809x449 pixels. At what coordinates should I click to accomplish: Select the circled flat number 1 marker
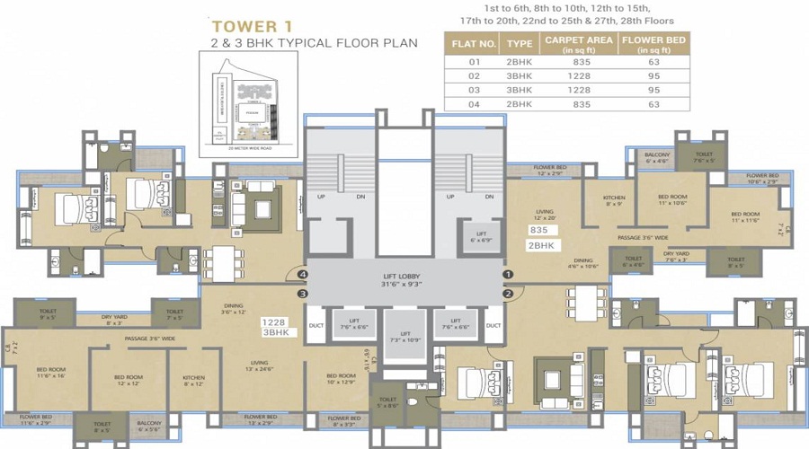click(507, 275)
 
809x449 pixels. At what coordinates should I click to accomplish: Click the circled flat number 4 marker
click(303, 275)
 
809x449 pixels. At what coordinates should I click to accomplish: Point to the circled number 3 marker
click(303, 293)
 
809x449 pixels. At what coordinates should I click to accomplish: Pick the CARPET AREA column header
click(579, 45)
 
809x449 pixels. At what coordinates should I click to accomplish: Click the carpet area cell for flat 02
click(579, 76)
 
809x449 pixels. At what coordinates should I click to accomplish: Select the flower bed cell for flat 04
click(653, 104)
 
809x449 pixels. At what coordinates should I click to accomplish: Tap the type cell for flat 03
click(520, 91)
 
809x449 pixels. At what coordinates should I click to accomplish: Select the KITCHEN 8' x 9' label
click(614, 200)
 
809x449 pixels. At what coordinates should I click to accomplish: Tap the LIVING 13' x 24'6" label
click(259, 365)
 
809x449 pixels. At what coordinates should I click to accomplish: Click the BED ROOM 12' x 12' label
click(129, 380)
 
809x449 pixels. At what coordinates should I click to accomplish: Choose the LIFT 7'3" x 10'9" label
click(404, 336)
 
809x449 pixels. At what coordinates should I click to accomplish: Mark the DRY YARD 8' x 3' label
click(112, 319)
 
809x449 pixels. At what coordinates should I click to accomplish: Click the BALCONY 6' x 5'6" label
click(148, 426)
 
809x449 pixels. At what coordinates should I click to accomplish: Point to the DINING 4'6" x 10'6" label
click(582, 263)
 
